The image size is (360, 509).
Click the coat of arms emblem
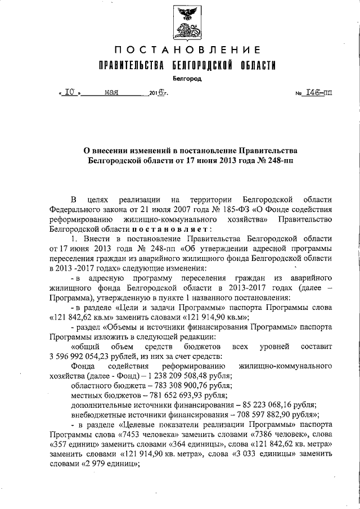186,22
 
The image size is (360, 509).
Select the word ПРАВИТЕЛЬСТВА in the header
131,66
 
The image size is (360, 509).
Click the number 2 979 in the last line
94,465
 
